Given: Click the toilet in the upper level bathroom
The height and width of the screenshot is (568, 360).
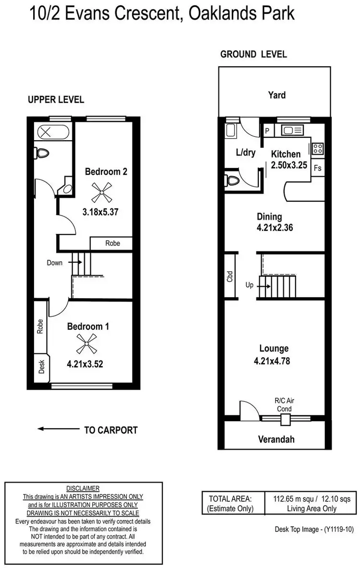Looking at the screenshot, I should click(x=43, y=153).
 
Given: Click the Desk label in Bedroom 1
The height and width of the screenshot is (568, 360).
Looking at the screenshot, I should click(x=41, y=367).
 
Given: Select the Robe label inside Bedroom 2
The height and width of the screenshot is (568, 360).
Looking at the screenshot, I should click(x=112, y=243).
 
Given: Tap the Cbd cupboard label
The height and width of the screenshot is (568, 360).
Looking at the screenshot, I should click(x=230, y=276).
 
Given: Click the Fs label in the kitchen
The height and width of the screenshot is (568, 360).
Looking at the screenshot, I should click(x=317, y=168).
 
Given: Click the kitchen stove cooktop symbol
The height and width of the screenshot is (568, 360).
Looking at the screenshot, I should click(x=318, y=148).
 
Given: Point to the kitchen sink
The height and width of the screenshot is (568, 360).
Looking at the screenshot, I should click(x=291, y=130).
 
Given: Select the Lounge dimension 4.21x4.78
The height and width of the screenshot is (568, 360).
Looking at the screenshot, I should click(x=274, y=362).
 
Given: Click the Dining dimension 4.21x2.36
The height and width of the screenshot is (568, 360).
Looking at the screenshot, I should click(x=275, y=228).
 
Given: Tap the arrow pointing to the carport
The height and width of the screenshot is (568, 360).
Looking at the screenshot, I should click(x=59, y=429).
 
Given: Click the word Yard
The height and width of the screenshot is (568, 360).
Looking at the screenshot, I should click(x=276, y=95).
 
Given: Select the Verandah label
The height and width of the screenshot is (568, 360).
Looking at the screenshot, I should click(x=276, y=439).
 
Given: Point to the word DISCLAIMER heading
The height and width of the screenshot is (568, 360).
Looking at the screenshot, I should click(x=83, y=487).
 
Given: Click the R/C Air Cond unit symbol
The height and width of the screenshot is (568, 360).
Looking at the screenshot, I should click(x=286, y=419).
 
